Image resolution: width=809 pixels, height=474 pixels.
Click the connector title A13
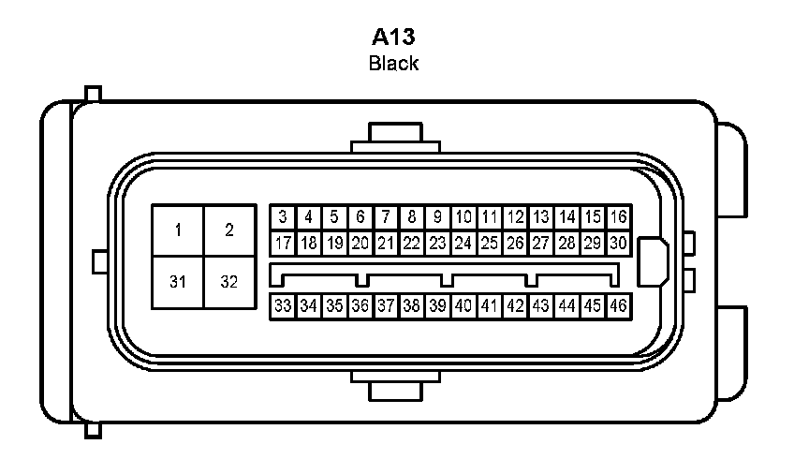coord(393,37)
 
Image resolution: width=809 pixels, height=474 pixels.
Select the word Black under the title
coord(393,64)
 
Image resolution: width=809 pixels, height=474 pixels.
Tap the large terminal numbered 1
coord(179,230)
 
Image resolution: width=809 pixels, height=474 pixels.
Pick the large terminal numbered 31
coord(179,282)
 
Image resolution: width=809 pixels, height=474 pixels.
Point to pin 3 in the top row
coord(283,217)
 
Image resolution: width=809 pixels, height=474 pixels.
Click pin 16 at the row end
coord(617,217)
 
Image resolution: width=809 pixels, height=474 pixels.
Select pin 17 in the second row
coord(283,243)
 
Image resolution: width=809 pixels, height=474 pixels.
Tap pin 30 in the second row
coord(617,243)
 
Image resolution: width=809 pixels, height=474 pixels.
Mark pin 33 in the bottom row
coord(283,305)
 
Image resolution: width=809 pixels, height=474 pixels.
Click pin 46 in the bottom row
coord(617,305)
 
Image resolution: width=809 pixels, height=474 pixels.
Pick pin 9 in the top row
coord(437,217)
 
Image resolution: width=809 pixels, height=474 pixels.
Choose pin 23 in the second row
coord(437,243)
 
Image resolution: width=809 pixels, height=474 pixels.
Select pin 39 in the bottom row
coord(437,305)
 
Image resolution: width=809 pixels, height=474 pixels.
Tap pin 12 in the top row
coord(514,217)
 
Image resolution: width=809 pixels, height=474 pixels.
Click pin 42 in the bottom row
coord(514,305)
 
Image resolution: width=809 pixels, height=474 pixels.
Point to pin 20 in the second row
coord(360,243)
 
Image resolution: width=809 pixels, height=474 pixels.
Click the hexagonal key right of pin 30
coord(653,260)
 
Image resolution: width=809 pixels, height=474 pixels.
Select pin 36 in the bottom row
coord(360,305)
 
